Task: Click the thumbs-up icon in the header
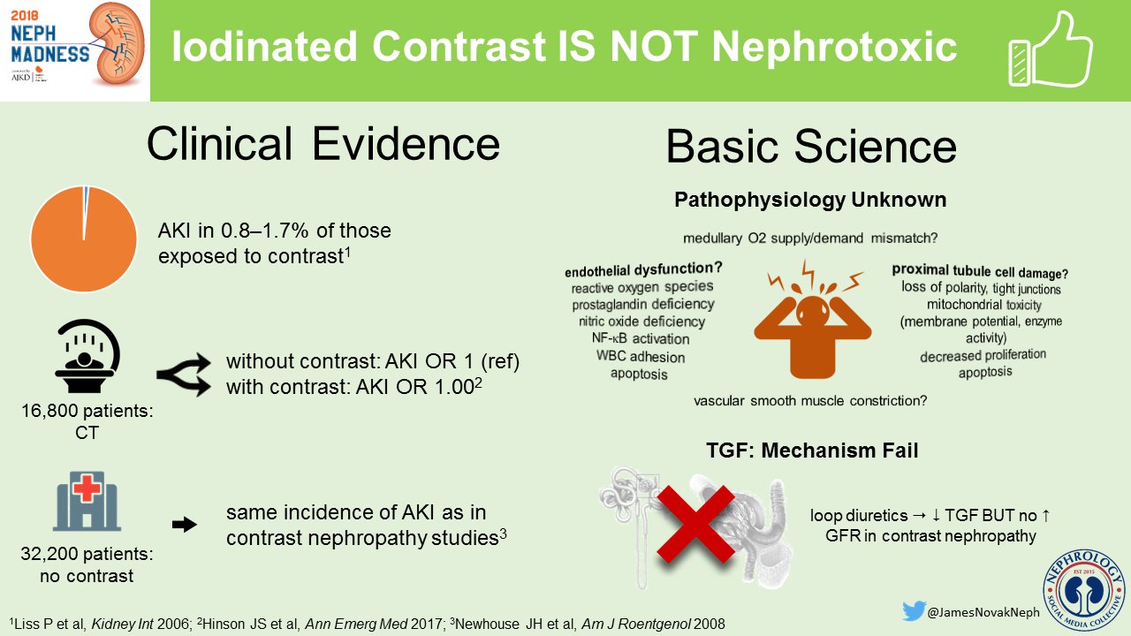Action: point(1051,50)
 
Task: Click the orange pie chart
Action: point(84,238)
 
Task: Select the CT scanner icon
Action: point(87,356)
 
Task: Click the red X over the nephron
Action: point(695,525)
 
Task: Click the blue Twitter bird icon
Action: point(914,610)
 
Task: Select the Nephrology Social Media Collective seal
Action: point(1084,592)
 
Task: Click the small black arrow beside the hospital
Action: point(185,525)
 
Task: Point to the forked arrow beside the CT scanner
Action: point(184,375)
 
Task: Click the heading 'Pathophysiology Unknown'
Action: point(810,200)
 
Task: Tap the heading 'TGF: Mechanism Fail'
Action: point(812,450)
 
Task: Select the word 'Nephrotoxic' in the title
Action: point(834,47)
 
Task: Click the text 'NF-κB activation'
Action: point(641,338)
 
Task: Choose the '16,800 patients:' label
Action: point(87,411)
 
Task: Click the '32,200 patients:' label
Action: point(87,554)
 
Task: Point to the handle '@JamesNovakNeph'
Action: point(983,612)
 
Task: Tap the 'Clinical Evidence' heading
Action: point(323,144)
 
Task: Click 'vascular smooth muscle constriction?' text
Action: point(810,401)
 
